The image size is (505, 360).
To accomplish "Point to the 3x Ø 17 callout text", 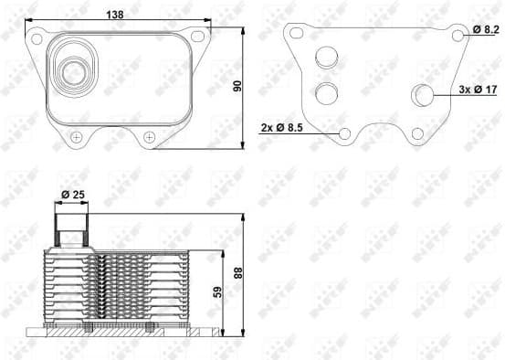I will coord(479,90).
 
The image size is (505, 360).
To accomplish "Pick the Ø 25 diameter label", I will coord(72,195).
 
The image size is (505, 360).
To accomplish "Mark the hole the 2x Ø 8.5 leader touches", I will coord(345,134).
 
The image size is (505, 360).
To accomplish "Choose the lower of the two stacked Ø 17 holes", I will coord(326,92).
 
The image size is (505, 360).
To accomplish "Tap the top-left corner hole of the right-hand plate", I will coord(295,33).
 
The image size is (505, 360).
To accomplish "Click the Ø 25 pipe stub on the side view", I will coord(71,225).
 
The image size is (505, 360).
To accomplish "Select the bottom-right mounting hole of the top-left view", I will coord(148,137).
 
